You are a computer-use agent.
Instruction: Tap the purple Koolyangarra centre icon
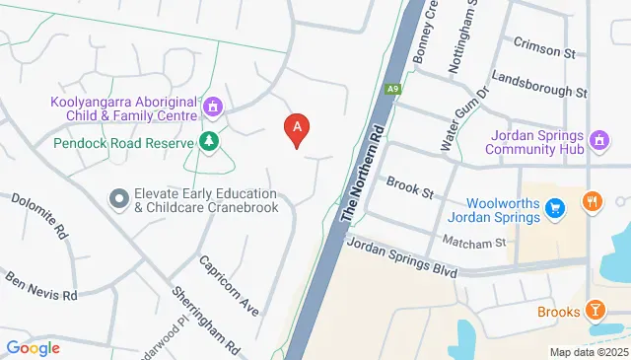click(213, 105)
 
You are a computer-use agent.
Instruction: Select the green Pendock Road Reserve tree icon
click(208, 142)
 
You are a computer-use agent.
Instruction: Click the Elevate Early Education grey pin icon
click(119, 198)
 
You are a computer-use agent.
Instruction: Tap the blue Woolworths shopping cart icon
click(555, 207)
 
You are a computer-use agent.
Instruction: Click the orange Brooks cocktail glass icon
click(595, 312)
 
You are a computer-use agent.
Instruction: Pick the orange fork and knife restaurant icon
click(593, 201)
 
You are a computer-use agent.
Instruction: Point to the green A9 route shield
click(394, 89)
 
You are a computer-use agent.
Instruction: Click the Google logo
click(33, 347)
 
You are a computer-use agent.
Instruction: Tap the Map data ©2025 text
click(588, 352)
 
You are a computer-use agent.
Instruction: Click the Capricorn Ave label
click(230, 286)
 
